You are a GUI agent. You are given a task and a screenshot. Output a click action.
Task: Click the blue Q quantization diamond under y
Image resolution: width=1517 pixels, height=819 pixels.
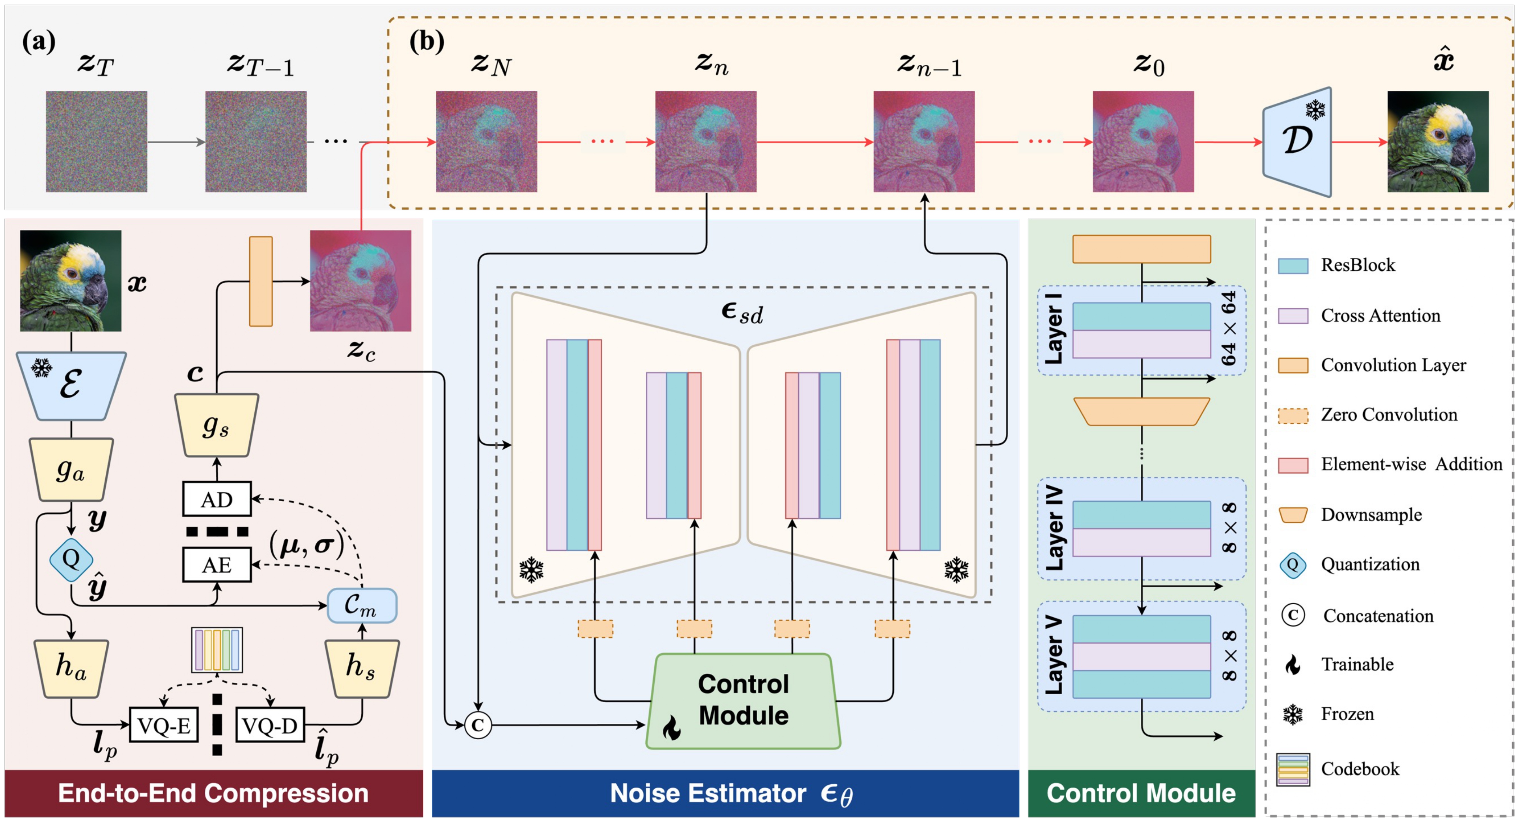pyautogui.click(x=71, y=558)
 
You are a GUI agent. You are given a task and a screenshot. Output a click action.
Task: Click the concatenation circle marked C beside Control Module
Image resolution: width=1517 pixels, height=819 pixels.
pyautogui.click(x=478, y=725)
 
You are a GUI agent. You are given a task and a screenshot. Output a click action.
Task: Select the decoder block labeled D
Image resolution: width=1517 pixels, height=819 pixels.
pyautogui.click(x=1297, y=141)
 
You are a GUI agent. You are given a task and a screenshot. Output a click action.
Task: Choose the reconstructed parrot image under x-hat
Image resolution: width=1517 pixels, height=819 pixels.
pyautogui.click(x=1437, y=141)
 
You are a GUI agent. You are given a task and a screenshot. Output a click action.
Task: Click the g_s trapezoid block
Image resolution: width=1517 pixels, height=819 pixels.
pyautogui.click(x=216, y=425)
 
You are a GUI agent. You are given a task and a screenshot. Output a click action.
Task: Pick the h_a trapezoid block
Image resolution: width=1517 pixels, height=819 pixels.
pyautogui.click(x=71, y=667)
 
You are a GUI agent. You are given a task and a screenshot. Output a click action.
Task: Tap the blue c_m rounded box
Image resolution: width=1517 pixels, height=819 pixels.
pyautogui.click(x=362, y=605)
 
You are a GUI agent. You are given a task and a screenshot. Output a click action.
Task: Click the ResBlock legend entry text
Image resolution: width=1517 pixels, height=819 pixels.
pyautogui.click(x=1357, y=265)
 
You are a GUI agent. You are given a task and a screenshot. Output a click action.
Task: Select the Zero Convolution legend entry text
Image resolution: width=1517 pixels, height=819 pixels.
pyautogui.click(x=1389, y=415)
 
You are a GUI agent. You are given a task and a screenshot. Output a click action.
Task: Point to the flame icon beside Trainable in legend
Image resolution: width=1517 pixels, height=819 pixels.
pyautogui.click(x=1292, y=665)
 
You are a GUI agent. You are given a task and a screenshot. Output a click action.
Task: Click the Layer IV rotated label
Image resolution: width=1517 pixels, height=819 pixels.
pyautogui.click(x=1054, y=528)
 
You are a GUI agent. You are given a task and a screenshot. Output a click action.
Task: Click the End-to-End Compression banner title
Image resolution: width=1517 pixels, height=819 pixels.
pyautogui.click(x=213, y=793)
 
